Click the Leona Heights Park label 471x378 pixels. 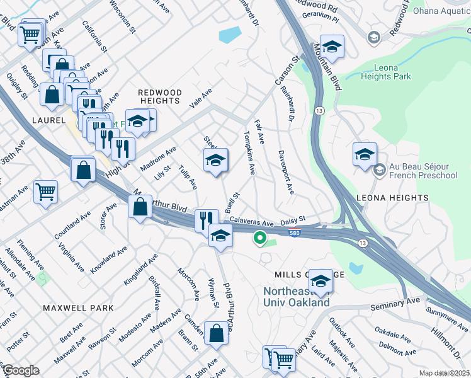386,71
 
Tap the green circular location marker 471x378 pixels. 258,238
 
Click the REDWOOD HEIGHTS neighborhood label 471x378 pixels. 160,96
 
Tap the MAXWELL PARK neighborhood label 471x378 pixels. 79,308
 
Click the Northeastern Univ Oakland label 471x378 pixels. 296,297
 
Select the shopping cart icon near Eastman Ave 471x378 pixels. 45,191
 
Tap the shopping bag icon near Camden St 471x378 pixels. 216,333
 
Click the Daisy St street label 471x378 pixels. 292,219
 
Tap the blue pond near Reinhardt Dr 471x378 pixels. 230,35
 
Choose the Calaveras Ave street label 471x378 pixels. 251,223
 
